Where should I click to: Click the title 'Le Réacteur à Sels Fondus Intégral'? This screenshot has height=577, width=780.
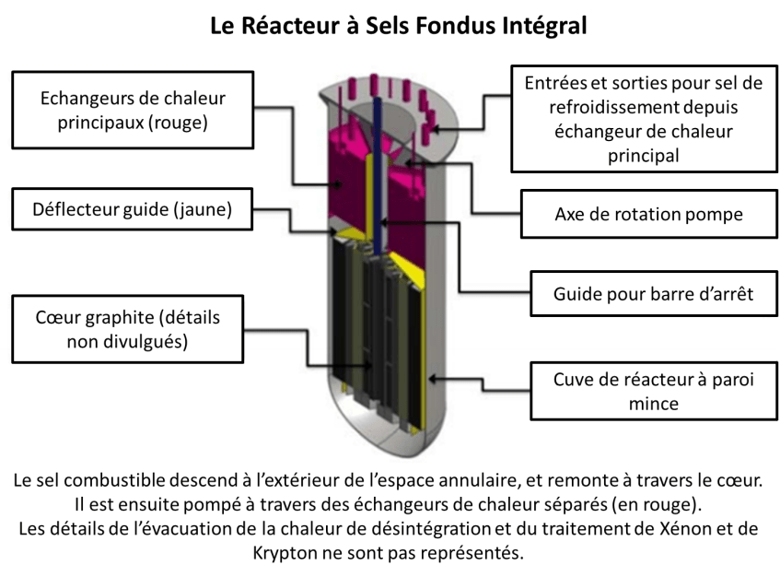(397, 24)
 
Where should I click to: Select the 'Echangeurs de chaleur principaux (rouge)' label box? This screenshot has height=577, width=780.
(133, 110)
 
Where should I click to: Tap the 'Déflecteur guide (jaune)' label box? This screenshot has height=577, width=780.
(133, 210)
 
